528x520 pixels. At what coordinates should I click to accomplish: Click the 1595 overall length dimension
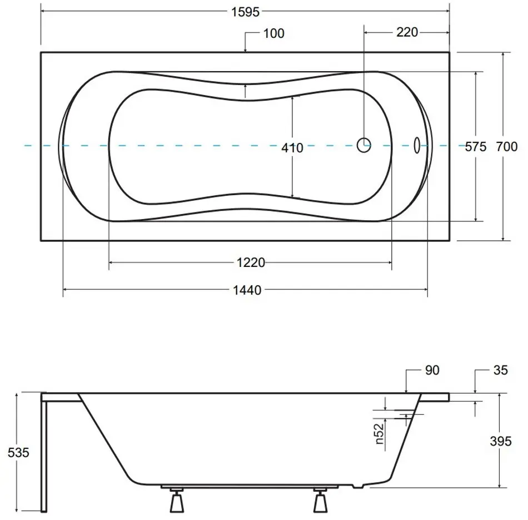pos(245,12)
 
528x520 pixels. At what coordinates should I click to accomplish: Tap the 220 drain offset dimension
pos(407,32)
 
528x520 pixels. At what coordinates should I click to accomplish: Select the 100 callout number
pos(274,33)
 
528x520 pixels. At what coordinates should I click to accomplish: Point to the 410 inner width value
pos(292,147)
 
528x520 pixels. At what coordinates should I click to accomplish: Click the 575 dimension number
pos(476,147)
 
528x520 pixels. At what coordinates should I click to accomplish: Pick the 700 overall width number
pos(507,147)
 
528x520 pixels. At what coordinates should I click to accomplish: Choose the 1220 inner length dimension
pos(251,262)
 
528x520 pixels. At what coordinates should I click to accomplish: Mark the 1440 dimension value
pos(247,290)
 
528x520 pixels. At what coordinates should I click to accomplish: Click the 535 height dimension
pos(18,452)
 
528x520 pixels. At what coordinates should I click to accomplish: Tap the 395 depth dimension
pos(501,441)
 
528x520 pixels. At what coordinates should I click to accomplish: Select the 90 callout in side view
pos(432,370)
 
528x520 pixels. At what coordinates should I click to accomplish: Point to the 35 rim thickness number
pos(500,370)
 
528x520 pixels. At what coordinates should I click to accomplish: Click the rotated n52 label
pos(379,433)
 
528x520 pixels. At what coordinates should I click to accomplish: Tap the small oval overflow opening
pos(417,146)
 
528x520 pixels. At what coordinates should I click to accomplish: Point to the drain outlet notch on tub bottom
pos(358,486)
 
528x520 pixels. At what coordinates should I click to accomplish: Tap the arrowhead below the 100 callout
pos(245,50)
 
